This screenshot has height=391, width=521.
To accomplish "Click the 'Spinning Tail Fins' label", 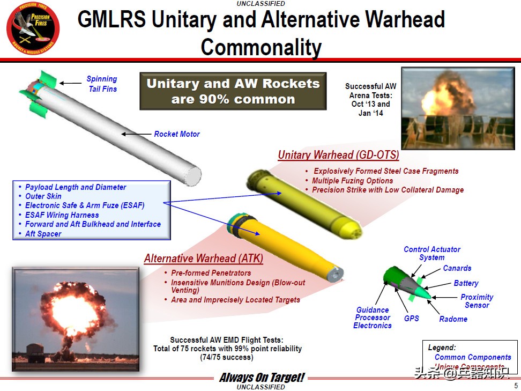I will [x=102, y=84].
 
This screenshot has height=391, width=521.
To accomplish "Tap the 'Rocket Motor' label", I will [x=177, y=134].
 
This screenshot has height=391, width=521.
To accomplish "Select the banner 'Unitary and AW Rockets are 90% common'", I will [x=233, y=91].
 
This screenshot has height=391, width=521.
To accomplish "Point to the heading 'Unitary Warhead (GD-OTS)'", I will [x=338, y=156].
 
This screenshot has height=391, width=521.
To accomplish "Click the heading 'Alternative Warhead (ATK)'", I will [x=204, y=259].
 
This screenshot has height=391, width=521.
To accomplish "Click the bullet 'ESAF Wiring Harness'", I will [x=62, y=215].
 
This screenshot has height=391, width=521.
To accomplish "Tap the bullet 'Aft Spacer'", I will [x=43, y=234].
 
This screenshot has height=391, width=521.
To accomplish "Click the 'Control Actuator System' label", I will [x=431, y=253].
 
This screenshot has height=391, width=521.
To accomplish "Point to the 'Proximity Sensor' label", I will [x=477, y=301].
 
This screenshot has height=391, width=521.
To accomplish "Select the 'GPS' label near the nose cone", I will [x=412, y=318].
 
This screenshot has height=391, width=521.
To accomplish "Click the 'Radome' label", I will [x=453, y=319].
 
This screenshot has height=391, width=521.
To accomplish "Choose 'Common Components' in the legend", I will [x=473, y=357].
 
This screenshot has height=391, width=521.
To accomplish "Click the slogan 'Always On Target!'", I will [x=262, y=378].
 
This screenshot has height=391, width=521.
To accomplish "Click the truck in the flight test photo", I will [x=36, y=351].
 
